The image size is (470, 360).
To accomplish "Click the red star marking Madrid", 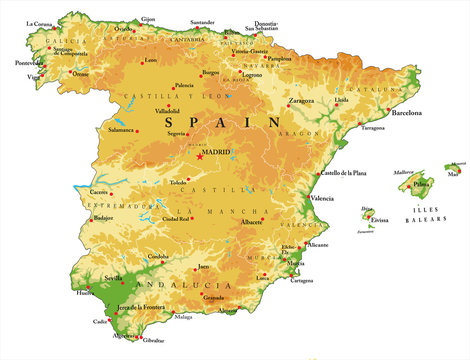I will tap(200, 156).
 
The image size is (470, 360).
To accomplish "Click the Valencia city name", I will tap(322, 198).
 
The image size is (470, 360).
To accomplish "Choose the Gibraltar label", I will tap(152, 341).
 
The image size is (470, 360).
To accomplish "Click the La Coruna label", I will tap(40, 23).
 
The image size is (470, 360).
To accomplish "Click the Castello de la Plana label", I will tap(342, 173).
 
